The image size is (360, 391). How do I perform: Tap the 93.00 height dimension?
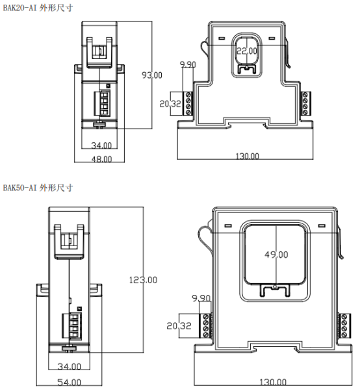point(152,75)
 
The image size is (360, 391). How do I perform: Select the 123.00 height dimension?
point(143,280)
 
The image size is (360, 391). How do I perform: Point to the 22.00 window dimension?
point(247,51)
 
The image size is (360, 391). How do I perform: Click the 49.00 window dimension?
point(276,255)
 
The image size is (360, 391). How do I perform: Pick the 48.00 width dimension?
point(101,159)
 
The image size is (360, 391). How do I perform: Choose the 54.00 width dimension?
point(69,382)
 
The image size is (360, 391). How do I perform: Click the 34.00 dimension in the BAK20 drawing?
point(101,145)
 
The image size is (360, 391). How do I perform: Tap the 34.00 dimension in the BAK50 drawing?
point(69,366)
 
